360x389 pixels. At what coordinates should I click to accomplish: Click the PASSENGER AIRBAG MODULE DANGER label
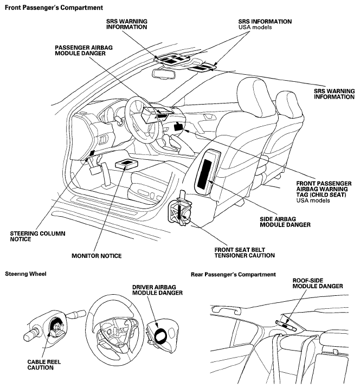(83, 50)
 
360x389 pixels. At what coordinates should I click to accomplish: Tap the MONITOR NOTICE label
(97, 256)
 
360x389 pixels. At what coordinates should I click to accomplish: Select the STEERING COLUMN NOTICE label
(37, 236)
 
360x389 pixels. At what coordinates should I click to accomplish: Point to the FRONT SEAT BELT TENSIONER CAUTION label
(245, 252)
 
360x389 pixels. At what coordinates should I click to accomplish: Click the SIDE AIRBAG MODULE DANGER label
(285, 222)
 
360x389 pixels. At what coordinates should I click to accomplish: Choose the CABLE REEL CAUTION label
(44, 365)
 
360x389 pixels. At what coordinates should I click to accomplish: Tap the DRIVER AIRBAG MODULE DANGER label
(157, 290)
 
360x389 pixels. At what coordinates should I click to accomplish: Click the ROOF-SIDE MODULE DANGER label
(318, 283)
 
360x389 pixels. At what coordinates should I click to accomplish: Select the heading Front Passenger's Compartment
(54, 8)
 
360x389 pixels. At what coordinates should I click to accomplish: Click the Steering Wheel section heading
(25, 274)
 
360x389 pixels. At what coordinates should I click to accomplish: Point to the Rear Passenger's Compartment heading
(233, 274)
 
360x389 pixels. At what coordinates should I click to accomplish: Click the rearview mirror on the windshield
(164, 74)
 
